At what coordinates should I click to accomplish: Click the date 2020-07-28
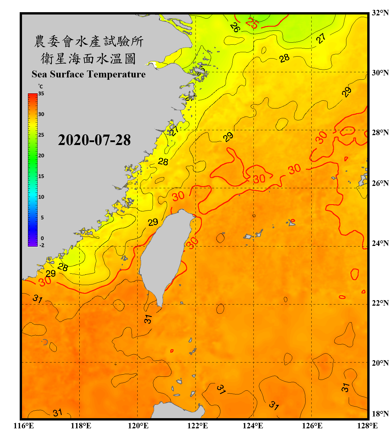[x=94, y=140]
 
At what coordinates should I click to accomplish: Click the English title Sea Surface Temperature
[x=88, y=74]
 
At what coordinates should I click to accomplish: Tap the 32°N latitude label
[x=380, y=13]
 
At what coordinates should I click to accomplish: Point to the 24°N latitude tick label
[x=380, y=243]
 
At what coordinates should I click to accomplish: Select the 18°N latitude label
[x=380, y=414]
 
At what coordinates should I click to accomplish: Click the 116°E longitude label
[x=24, y=426]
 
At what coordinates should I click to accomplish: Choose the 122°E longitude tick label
[x=198, y=426]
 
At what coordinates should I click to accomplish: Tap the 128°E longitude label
[x=367, y=426]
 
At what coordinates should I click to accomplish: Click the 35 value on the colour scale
[x=41, y=93]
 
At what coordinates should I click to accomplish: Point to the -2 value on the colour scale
[x=42, y=245]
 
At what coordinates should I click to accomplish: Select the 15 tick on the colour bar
[x=41, y=176]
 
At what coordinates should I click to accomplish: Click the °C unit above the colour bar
[x=40, y=86]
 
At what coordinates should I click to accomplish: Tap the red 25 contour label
[x=252, y=23]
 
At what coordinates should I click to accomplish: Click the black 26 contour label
[x=235, y=27]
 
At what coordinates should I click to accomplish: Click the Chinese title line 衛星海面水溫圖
[x=88, y=59]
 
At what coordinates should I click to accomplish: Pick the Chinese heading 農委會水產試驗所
[x=88, y=41]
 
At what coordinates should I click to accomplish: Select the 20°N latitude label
[x=380, y=363]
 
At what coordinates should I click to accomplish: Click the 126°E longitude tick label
[x=312, y=426]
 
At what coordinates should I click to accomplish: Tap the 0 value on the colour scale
[x=42, y=238]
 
